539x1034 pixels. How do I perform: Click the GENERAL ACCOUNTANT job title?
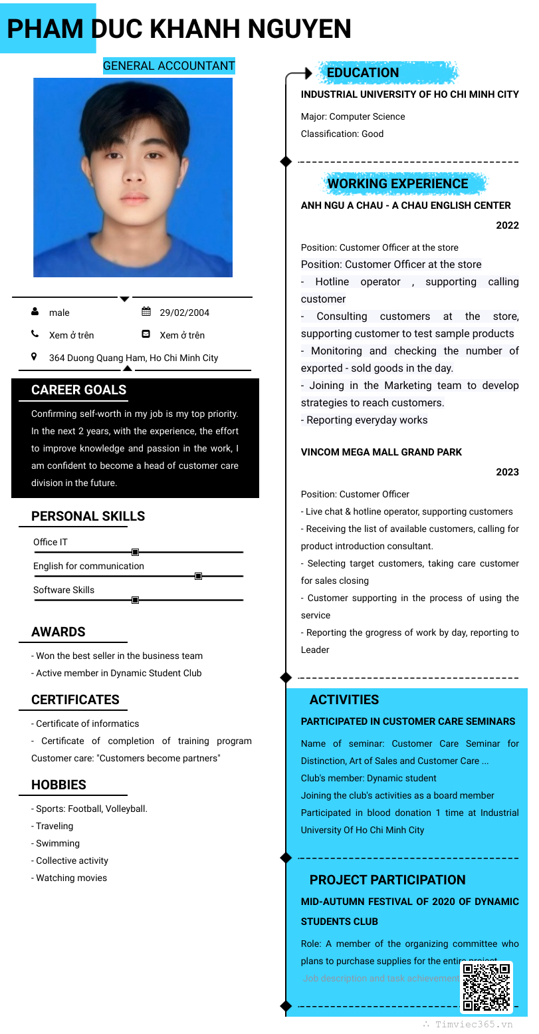(x=169, y=66)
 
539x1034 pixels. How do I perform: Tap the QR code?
(x=486, y=987)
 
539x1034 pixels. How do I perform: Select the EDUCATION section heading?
(x=363, y=72)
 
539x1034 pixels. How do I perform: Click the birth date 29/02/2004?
(x=184, y=313)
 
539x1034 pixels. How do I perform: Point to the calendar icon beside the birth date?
(x=146, y=312)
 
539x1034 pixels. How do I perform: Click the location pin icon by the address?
(x=35, y=357)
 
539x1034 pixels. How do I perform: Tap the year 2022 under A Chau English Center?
(x=507, y=225)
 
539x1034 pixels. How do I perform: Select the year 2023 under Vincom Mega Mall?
(x=507, y=472)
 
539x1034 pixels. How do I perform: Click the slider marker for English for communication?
(x=198, y=576)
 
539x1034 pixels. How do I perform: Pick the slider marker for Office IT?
(x=135, y=552)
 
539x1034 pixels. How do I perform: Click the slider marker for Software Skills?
(x=135, y=600)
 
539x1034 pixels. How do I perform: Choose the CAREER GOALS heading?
(x=78, y=390)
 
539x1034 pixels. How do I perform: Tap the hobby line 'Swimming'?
(x=56, y=843)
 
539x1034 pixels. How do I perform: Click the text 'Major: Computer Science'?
(x=353, y=116)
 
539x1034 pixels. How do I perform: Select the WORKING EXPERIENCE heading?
(x=397, y=184)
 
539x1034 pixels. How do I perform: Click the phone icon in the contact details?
(x=35, y=334)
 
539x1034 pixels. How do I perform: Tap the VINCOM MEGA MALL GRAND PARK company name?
(x=381, y=452)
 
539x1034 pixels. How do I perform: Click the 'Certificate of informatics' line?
(x=86, y=723)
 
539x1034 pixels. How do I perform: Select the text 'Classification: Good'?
(x=342, y=134)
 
